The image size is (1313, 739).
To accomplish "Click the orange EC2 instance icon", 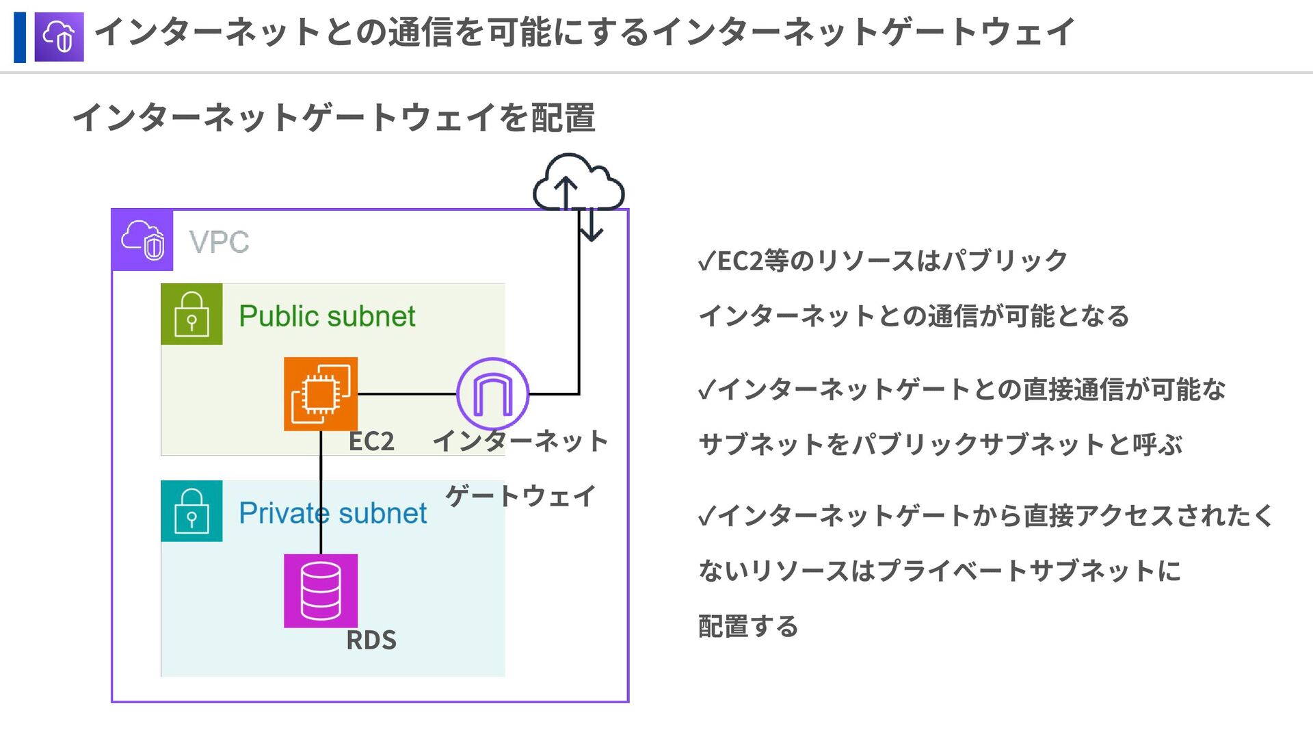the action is click(321, 394).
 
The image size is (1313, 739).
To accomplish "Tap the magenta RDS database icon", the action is click(321, 591).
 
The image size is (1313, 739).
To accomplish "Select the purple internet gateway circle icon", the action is click(492, 394).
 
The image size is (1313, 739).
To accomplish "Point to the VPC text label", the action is click(219, 242).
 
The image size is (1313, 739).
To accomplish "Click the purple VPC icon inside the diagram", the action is click(142, 240).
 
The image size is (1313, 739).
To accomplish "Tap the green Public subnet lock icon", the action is click(191, 314).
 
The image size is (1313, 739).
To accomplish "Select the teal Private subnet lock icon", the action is click(191, 511).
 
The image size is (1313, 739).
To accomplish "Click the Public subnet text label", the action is click(327, 316).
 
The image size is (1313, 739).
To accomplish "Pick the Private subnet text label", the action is click(332, 513).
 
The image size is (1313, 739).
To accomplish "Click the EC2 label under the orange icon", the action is click(371, 441).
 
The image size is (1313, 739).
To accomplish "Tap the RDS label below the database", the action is click(371, 640).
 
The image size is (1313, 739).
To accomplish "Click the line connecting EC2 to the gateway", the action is click(407, 394).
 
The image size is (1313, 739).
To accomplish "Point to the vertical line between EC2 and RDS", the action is click(321, 493).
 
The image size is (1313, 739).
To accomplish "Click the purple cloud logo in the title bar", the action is click(59, 37).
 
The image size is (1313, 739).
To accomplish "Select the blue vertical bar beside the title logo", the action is click(20, 37).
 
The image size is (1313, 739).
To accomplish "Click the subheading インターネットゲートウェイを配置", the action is click(334, 117).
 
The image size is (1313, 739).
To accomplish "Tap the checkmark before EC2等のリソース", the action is click(706, 261).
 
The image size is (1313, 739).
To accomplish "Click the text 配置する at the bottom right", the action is click(748, 626).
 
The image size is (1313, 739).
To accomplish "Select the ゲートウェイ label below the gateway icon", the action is click(521, 496).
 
